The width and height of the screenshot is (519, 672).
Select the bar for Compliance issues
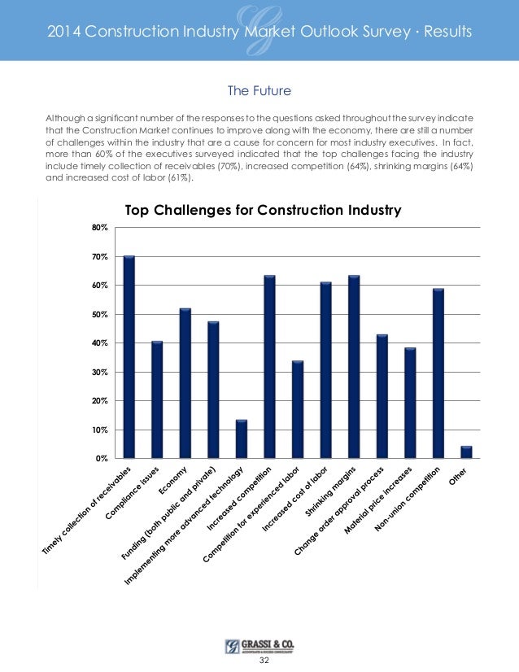pyautogui.click(x=157, y=399)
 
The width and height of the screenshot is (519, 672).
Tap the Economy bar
pyautogui.click(x=185, y=383)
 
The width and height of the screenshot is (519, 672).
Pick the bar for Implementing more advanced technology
pyautogui.click(x=241, y=439)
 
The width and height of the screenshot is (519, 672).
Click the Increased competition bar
pyautogui.click(x=269, y=367)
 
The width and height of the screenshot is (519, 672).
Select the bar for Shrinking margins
pyautogui.click(x=354, y=367)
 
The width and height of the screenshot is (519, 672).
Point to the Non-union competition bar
pyautogui.click(x=438, y=373)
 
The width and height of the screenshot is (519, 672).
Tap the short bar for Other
pyautogui.click(x=466, y=452)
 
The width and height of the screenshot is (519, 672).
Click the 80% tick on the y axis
pyautogui.click(x=99, y=228)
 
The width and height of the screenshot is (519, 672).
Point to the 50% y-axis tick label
pyautogui.click(x=99, y=314)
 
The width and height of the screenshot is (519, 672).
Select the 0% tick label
pyautogui.click(x=102, y=458)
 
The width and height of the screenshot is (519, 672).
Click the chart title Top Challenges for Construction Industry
pyautogui.click(x=263, y=210)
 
